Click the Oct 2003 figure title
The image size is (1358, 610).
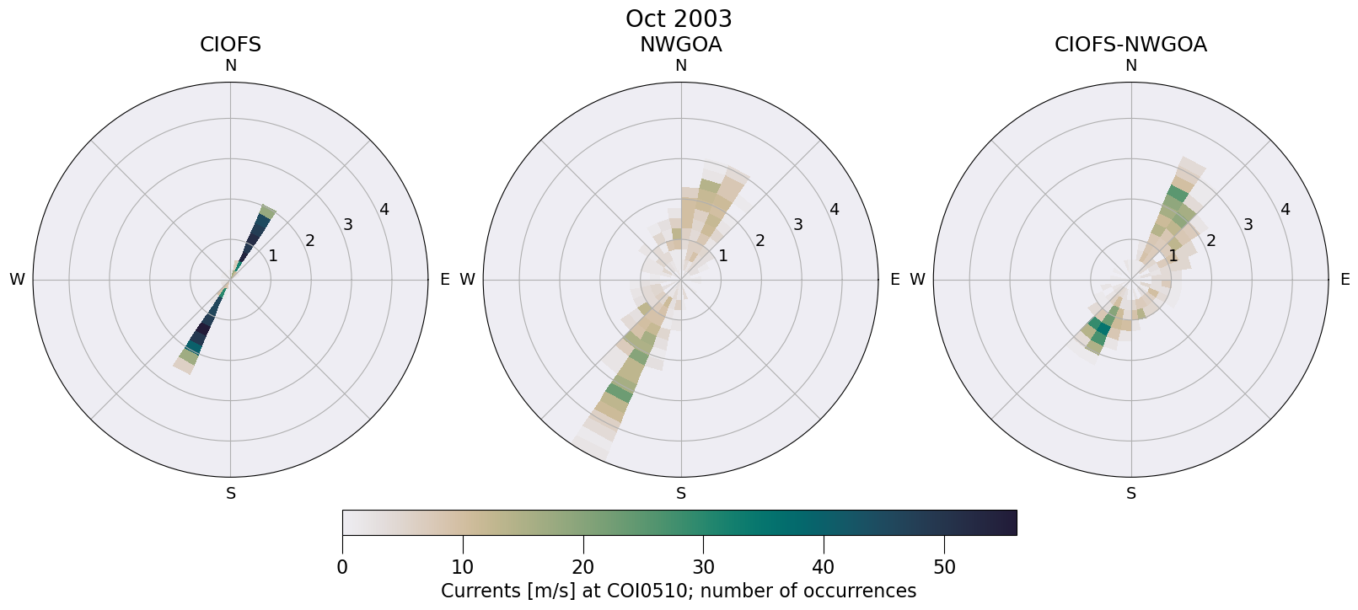(x=679, y=19)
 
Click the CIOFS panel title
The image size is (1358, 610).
(x=230, y=45)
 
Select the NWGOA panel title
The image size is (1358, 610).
(x=680, y=45)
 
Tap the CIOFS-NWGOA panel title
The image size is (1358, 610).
(x=1130, y=45)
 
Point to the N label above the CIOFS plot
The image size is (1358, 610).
(x=230, y=66)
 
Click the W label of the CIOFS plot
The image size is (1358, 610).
(x=17, y=280)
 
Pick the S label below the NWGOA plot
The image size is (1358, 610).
(x=680, y=494)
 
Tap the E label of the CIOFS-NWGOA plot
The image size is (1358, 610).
(x=1345, y=280)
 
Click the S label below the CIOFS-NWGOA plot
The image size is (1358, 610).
(x=1130, y=494)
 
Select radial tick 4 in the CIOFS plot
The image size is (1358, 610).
(x=384, y=210)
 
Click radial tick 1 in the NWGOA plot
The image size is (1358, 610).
(x=722, y=256)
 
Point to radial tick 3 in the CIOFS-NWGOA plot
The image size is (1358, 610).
(x=1248, y=225)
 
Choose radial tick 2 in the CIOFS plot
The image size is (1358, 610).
(x=310, y=241)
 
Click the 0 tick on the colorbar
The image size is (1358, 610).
(x=342, y=567)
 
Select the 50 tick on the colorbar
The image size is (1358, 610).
(x=944, y=567)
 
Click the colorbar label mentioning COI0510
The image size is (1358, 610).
(x=679, y=591)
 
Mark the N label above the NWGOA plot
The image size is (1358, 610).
(x=680, y=66)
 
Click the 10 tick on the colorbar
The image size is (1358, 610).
(x=462, y=567)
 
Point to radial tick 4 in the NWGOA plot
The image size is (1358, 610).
(x=835, y=210)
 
